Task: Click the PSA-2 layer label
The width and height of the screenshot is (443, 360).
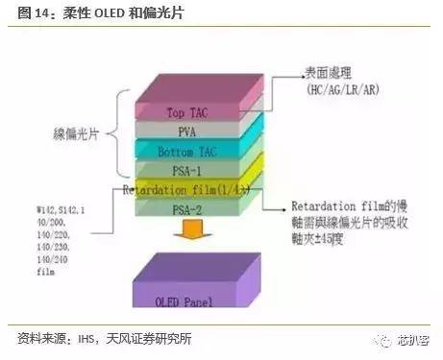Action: tap(189, 209)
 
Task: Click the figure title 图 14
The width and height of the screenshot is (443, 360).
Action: tap(34, 13)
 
